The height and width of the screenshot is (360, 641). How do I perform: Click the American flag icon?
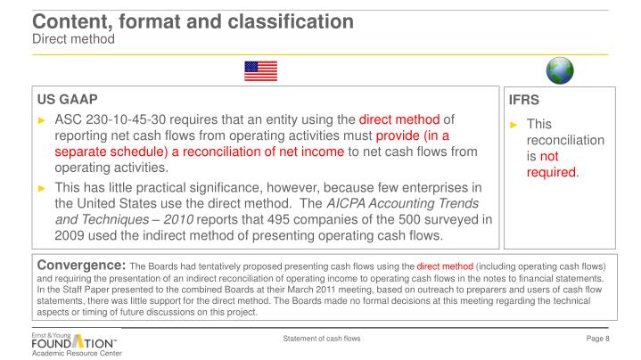pos(260,70)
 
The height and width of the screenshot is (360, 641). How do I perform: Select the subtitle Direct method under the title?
pos(72,37)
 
